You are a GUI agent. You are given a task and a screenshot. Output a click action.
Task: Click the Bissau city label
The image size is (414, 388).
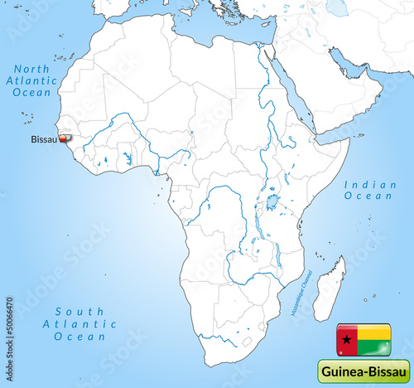point(43,139)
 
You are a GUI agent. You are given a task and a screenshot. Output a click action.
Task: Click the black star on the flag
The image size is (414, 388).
point(344,339)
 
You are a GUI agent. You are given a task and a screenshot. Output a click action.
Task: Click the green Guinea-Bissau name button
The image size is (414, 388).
point(363,371)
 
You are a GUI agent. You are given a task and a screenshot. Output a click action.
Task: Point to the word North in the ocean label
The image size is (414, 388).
point(32,68)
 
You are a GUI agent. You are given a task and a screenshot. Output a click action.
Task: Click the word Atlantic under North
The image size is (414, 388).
point(32,81)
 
